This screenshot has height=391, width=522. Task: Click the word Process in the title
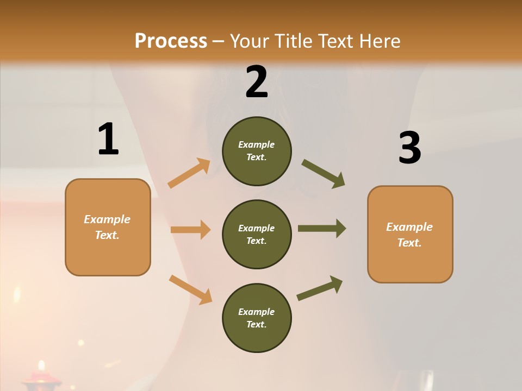[171, 41]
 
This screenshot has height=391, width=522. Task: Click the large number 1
[108, 140]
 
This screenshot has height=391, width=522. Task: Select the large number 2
[257, 82]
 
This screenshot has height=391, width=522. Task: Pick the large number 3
[410, 148]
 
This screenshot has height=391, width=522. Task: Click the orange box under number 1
[108, 227]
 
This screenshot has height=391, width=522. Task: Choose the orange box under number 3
[410, 234]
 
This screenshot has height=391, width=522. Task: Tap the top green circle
[257, 151]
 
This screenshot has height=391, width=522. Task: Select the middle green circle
[257, 234]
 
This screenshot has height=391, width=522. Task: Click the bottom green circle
[257, 318]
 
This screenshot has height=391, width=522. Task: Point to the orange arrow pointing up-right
[189, 173]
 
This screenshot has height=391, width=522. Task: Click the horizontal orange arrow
[190, 230]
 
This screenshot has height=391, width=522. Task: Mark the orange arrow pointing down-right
[190, 289]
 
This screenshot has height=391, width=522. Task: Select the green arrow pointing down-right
[323, 174]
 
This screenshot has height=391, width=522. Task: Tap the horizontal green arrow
[322, 229]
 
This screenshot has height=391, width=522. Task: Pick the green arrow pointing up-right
[320, 288]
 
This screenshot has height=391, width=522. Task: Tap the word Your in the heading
[247, 41]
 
